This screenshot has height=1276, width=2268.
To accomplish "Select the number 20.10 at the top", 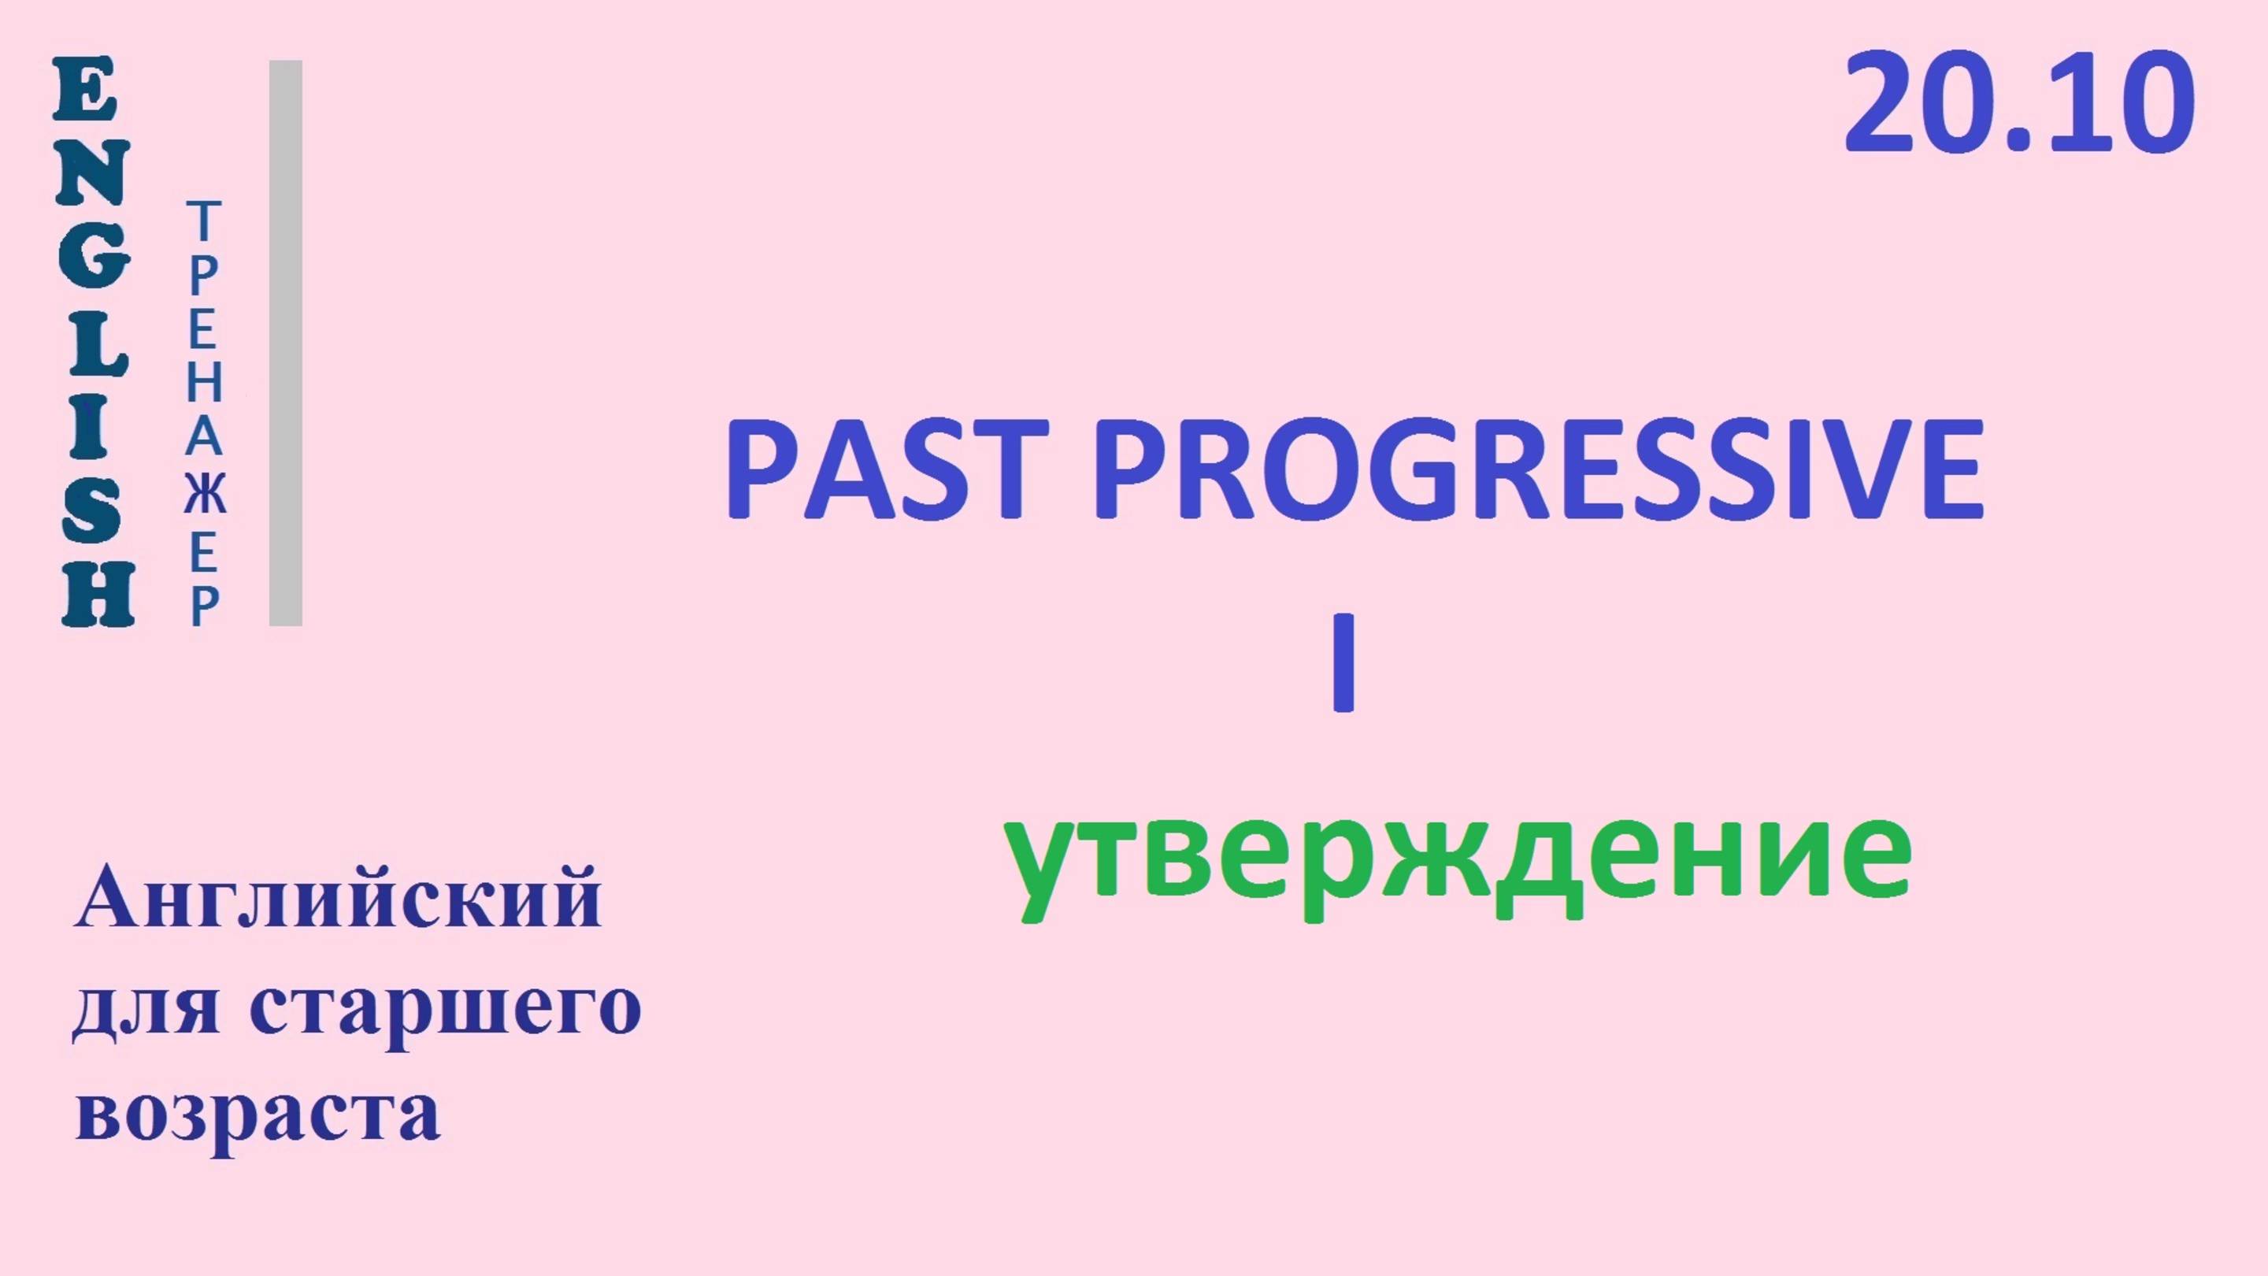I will tap(2018, 104).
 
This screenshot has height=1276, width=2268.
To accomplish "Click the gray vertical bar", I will tap(285, 343).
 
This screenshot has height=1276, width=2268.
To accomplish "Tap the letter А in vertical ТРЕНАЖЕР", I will tap(203, 438).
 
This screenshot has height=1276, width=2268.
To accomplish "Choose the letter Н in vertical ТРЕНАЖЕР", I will tap(203, 384).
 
